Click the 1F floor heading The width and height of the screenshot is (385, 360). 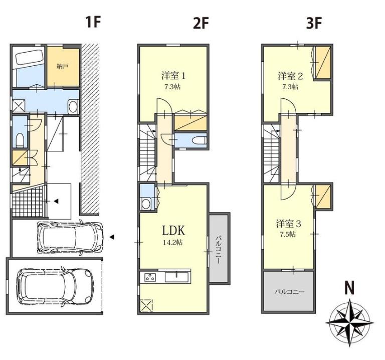click(93, 23)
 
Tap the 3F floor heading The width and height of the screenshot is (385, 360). click(314, 24)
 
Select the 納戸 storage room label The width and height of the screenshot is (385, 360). click(62, 66)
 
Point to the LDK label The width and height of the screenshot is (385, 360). click(173, 231)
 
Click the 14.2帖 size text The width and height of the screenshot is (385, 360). click(173, 243)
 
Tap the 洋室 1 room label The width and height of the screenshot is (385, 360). click(173, 76)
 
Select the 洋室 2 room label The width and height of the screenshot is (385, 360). click(290, 76)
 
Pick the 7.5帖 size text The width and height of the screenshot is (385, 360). click(288, 234)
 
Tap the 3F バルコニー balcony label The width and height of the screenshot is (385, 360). click(289, 292)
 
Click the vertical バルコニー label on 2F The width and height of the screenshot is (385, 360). click(219, 250)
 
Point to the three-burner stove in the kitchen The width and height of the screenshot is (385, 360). click(150, 277)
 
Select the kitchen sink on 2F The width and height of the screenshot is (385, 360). click(176, 277)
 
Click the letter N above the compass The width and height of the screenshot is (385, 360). click(349, 288)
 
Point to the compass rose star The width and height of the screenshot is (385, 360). click(349, 323)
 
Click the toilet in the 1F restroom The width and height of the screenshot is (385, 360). click(20, 139)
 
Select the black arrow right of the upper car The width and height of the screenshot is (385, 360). click(112, 237)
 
